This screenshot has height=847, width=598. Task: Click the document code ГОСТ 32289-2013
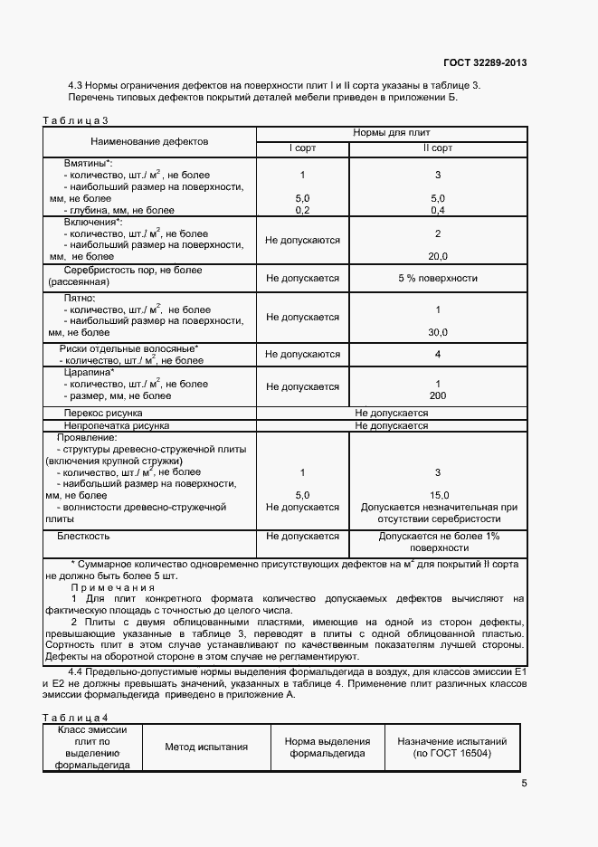(x=485, y=62)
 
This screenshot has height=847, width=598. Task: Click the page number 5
(x=524, y=784)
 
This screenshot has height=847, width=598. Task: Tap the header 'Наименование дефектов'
(x=149, y=142)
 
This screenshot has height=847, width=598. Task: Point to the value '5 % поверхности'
(x=437, y=278)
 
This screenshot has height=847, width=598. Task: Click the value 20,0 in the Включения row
(x=438, y=256)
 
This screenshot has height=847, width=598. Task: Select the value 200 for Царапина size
(x=438, y=395)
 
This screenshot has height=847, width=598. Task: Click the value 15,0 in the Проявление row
(x=438, y=495)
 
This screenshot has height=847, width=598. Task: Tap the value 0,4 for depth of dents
(x=438, y=210)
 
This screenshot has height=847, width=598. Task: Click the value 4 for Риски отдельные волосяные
(x=437, y=354)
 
